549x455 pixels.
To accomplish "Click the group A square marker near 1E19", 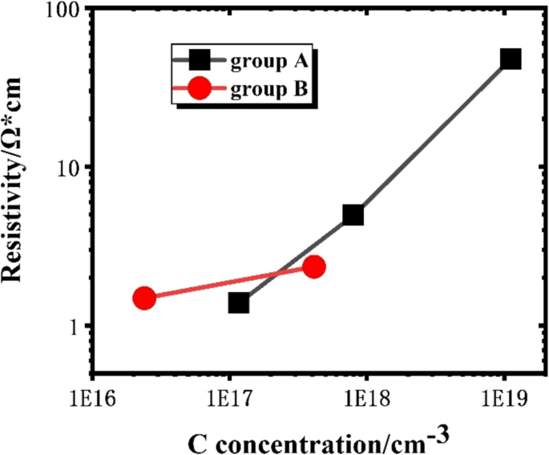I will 511,59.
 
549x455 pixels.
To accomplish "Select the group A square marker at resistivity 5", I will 353,215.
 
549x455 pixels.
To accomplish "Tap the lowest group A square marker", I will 238,303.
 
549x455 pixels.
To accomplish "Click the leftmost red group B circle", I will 144,298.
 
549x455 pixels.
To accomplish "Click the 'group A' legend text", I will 268,59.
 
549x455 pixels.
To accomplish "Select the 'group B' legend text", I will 268,90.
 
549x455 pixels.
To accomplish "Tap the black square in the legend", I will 200,60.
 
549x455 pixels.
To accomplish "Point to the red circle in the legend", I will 200,90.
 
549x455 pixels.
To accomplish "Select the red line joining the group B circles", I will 228,282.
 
